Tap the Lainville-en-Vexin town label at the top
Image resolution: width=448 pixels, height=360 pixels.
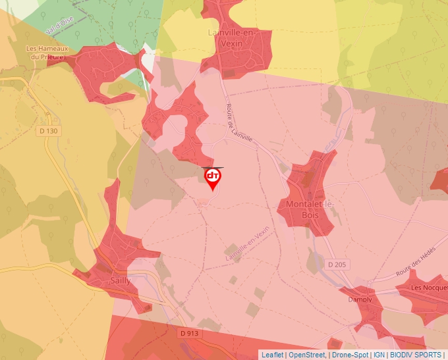pos(243,38)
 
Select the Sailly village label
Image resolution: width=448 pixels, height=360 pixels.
pos(120,280)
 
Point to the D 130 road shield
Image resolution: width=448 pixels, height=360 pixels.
pos(49,131)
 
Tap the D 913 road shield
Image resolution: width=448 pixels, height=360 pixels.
pos(188,334)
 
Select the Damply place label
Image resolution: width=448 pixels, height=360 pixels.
pos(360,299)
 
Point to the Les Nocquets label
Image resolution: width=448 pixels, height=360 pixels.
pos(429,288)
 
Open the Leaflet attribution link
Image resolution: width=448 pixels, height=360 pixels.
pos(272,355)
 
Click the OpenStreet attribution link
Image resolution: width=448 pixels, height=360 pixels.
pos(307,355)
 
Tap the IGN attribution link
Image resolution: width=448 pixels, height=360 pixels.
pos(379,355)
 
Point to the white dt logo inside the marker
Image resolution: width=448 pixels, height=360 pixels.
pos(213,176)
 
